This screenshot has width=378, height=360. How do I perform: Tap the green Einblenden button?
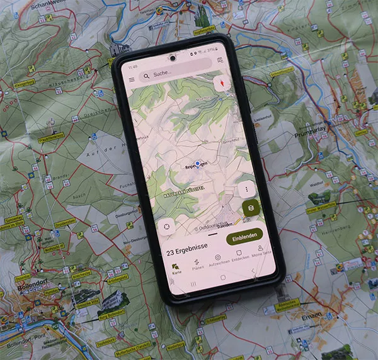(x=244, y=238)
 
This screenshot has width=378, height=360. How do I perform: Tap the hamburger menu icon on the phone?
(x=132, y=80)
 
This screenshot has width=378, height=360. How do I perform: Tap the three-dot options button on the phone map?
(x=246, y=188)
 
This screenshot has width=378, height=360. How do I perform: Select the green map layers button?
(x=251, y=207)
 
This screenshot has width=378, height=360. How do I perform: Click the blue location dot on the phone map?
(x=197, y=164)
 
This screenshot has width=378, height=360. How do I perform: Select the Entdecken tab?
(x=239, y=257)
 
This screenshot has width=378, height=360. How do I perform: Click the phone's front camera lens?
(x=171, y=58)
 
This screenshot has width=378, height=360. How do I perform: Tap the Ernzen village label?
(x=311, y=313)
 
